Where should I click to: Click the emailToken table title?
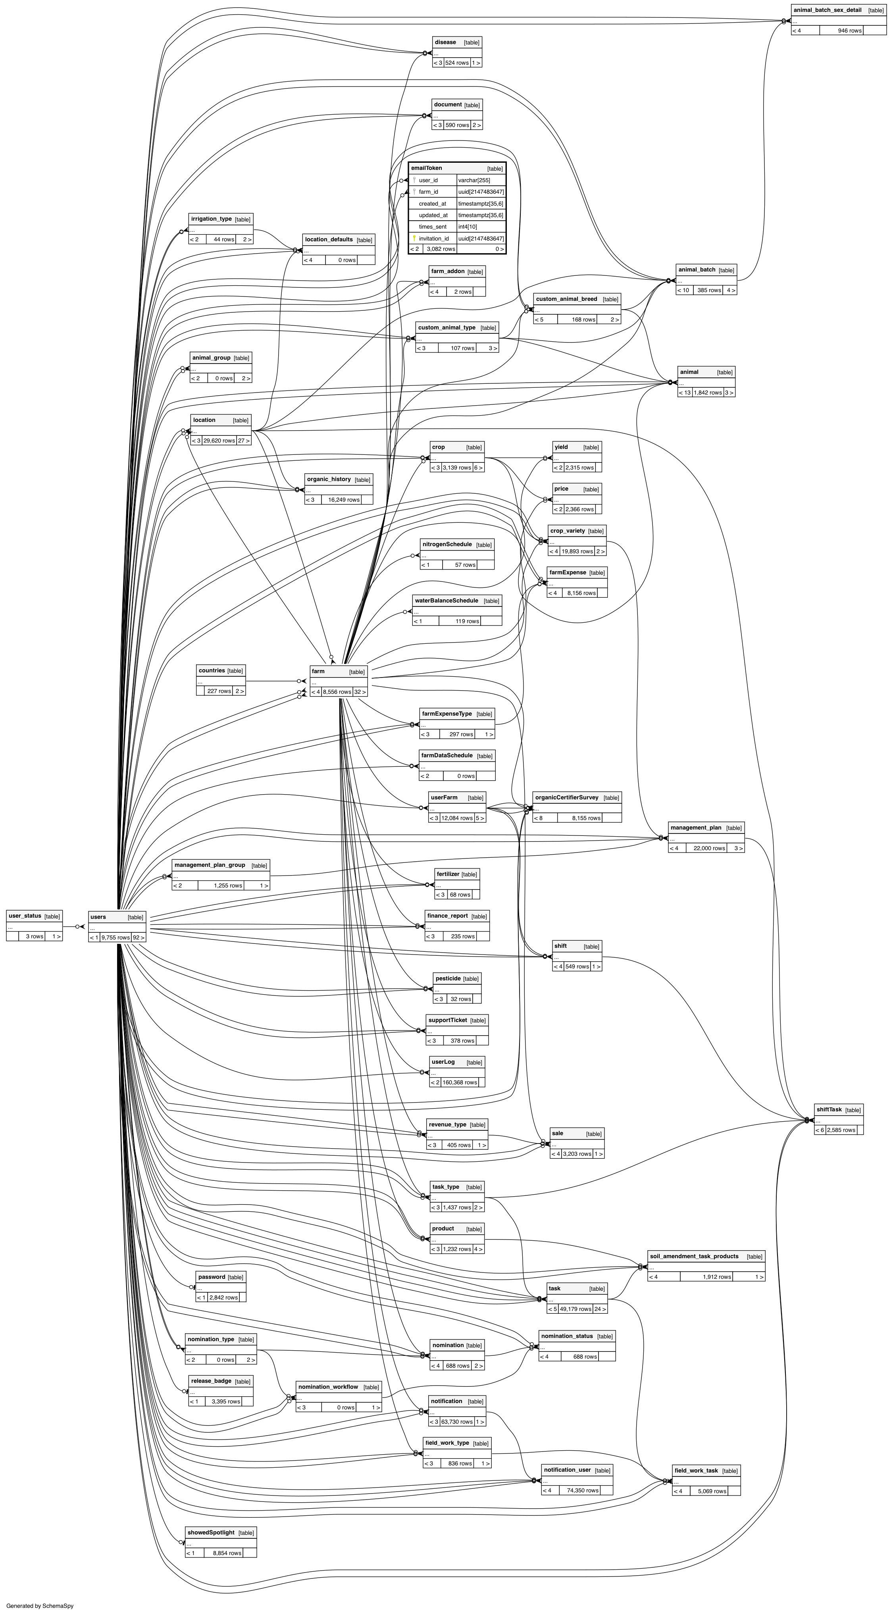point(427,168)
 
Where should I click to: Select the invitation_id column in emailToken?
point(433,239)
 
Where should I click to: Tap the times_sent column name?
point(432,227)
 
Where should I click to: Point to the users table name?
point(98,917)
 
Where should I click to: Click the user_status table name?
point(25,916)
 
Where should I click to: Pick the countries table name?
point(212,671)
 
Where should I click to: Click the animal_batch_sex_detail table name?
point(827,10)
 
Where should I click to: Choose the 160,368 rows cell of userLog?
point(460,1082)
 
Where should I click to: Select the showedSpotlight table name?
point(211,1527)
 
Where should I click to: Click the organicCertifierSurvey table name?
point(567,798)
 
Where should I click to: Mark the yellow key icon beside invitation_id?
point(414,239)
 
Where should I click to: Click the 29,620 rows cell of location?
point(219,441)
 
